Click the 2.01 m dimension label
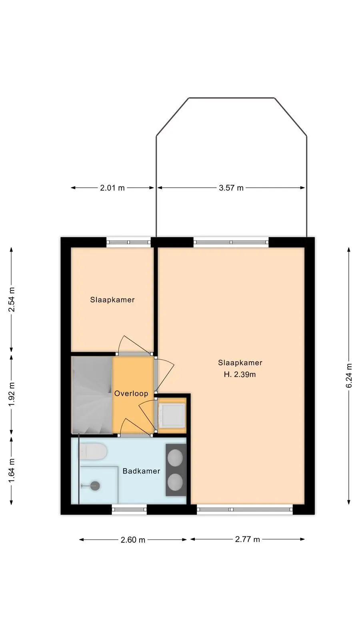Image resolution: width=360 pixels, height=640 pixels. click(x=112, y=188)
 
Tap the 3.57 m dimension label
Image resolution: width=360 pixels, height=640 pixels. click(x=231, y=188)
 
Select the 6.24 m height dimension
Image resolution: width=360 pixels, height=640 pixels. click(x=349, y=376)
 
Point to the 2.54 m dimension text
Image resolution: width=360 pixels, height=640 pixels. click(x=12, y=300)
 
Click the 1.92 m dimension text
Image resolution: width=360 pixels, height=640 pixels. click(x=12, y=394)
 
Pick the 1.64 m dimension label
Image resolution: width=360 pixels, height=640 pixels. click(x=12, y=470)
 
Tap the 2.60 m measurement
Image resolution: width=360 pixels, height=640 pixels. click(x=133, y=540)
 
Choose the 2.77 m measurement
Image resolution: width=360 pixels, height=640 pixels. click(x=248, y=540)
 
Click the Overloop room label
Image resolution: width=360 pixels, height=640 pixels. click(x=131, y=394)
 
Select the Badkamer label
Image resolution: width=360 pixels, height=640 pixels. click(x=142, y=471)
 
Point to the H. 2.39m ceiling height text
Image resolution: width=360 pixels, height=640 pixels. click(x=240, y=374)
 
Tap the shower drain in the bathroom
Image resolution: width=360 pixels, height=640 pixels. click(x=94, y=486)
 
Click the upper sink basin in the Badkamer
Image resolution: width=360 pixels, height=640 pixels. click(x=175, y=457)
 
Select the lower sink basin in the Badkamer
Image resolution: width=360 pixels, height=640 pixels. click(x=175, y=482)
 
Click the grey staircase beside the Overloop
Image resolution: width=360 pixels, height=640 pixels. click(x=92, y=395)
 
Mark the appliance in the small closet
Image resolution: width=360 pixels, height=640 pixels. click(x=172, y=416)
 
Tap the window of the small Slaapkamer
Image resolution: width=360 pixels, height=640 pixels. click(x=128, y=242)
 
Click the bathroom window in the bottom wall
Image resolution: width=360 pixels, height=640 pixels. click(x=129, y=510)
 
